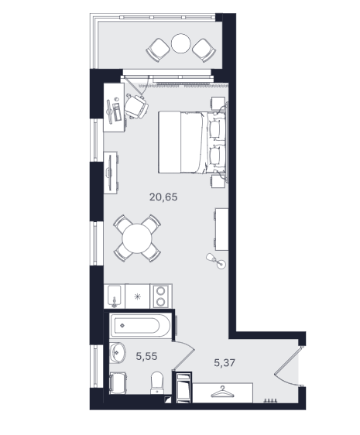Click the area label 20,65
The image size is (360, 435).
tap(163, 197)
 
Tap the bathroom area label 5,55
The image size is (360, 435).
tap(146, 356)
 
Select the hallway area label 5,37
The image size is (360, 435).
tap(225, 362)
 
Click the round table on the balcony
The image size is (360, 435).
tap(181, 43)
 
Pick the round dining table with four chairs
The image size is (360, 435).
tap(137, 238)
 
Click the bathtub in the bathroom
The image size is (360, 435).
tap(140, 325)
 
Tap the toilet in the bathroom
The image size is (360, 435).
tap(157, 383)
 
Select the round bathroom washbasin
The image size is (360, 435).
tap(117, 353)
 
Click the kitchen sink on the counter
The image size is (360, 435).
tap(114, 296)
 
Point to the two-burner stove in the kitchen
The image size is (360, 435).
tap(161, 296)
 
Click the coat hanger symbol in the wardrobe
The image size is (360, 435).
tap(222, 392)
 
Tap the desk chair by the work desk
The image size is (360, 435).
tap(136, 107)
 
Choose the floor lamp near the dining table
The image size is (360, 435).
tap(216, 261)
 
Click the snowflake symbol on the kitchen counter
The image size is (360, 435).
tap(137, 297)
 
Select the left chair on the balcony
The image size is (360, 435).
tap(157, 50)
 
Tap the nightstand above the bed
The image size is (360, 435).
tap(218, 103)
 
